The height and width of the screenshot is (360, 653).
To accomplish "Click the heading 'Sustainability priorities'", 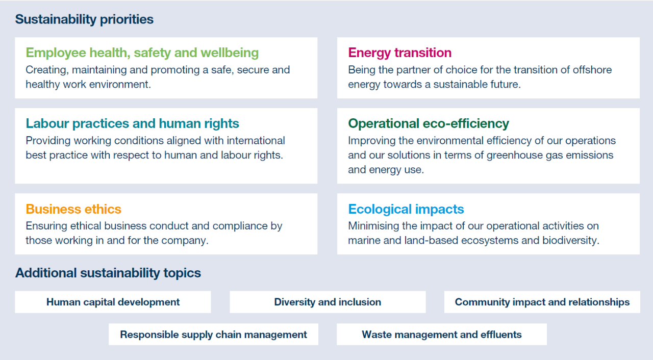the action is point(84,20).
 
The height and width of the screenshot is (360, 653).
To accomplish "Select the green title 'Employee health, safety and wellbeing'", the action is point(142,53).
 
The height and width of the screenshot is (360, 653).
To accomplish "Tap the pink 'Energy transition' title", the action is point(399,53).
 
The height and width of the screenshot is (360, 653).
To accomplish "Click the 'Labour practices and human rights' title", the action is point(132,123).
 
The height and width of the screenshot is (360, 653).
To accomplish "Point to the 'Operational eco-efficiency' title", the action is point(429,123).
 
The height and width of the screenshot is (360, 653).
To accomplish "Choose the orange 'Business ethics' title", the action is point(73,209).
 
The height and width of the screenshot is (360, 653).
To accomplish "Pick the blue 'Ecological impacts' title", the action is point(406,209).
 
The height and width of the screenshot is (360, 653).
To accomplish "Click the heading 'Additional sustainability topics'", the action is point(108,273).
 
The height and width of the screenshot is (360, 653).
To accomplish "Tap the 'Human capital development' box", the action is point(113,302).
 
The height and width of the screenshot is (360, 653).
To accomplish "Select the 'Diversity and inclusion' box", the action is point(328,302).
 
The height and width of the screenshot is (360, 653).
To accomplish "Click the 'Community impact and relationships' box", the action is point(542,302).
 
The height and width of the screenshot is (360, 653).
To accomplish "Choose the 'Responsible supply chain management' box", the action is point(213,335).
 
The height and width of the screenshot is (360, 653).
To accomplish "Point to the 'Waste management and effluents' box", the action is point(442,335).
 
